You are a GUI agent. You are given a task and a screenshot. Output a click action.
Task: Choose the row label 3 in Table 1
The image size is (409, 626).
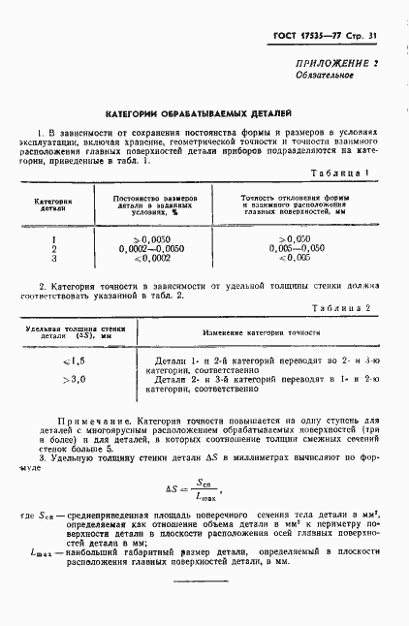(x=54, y=260)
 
